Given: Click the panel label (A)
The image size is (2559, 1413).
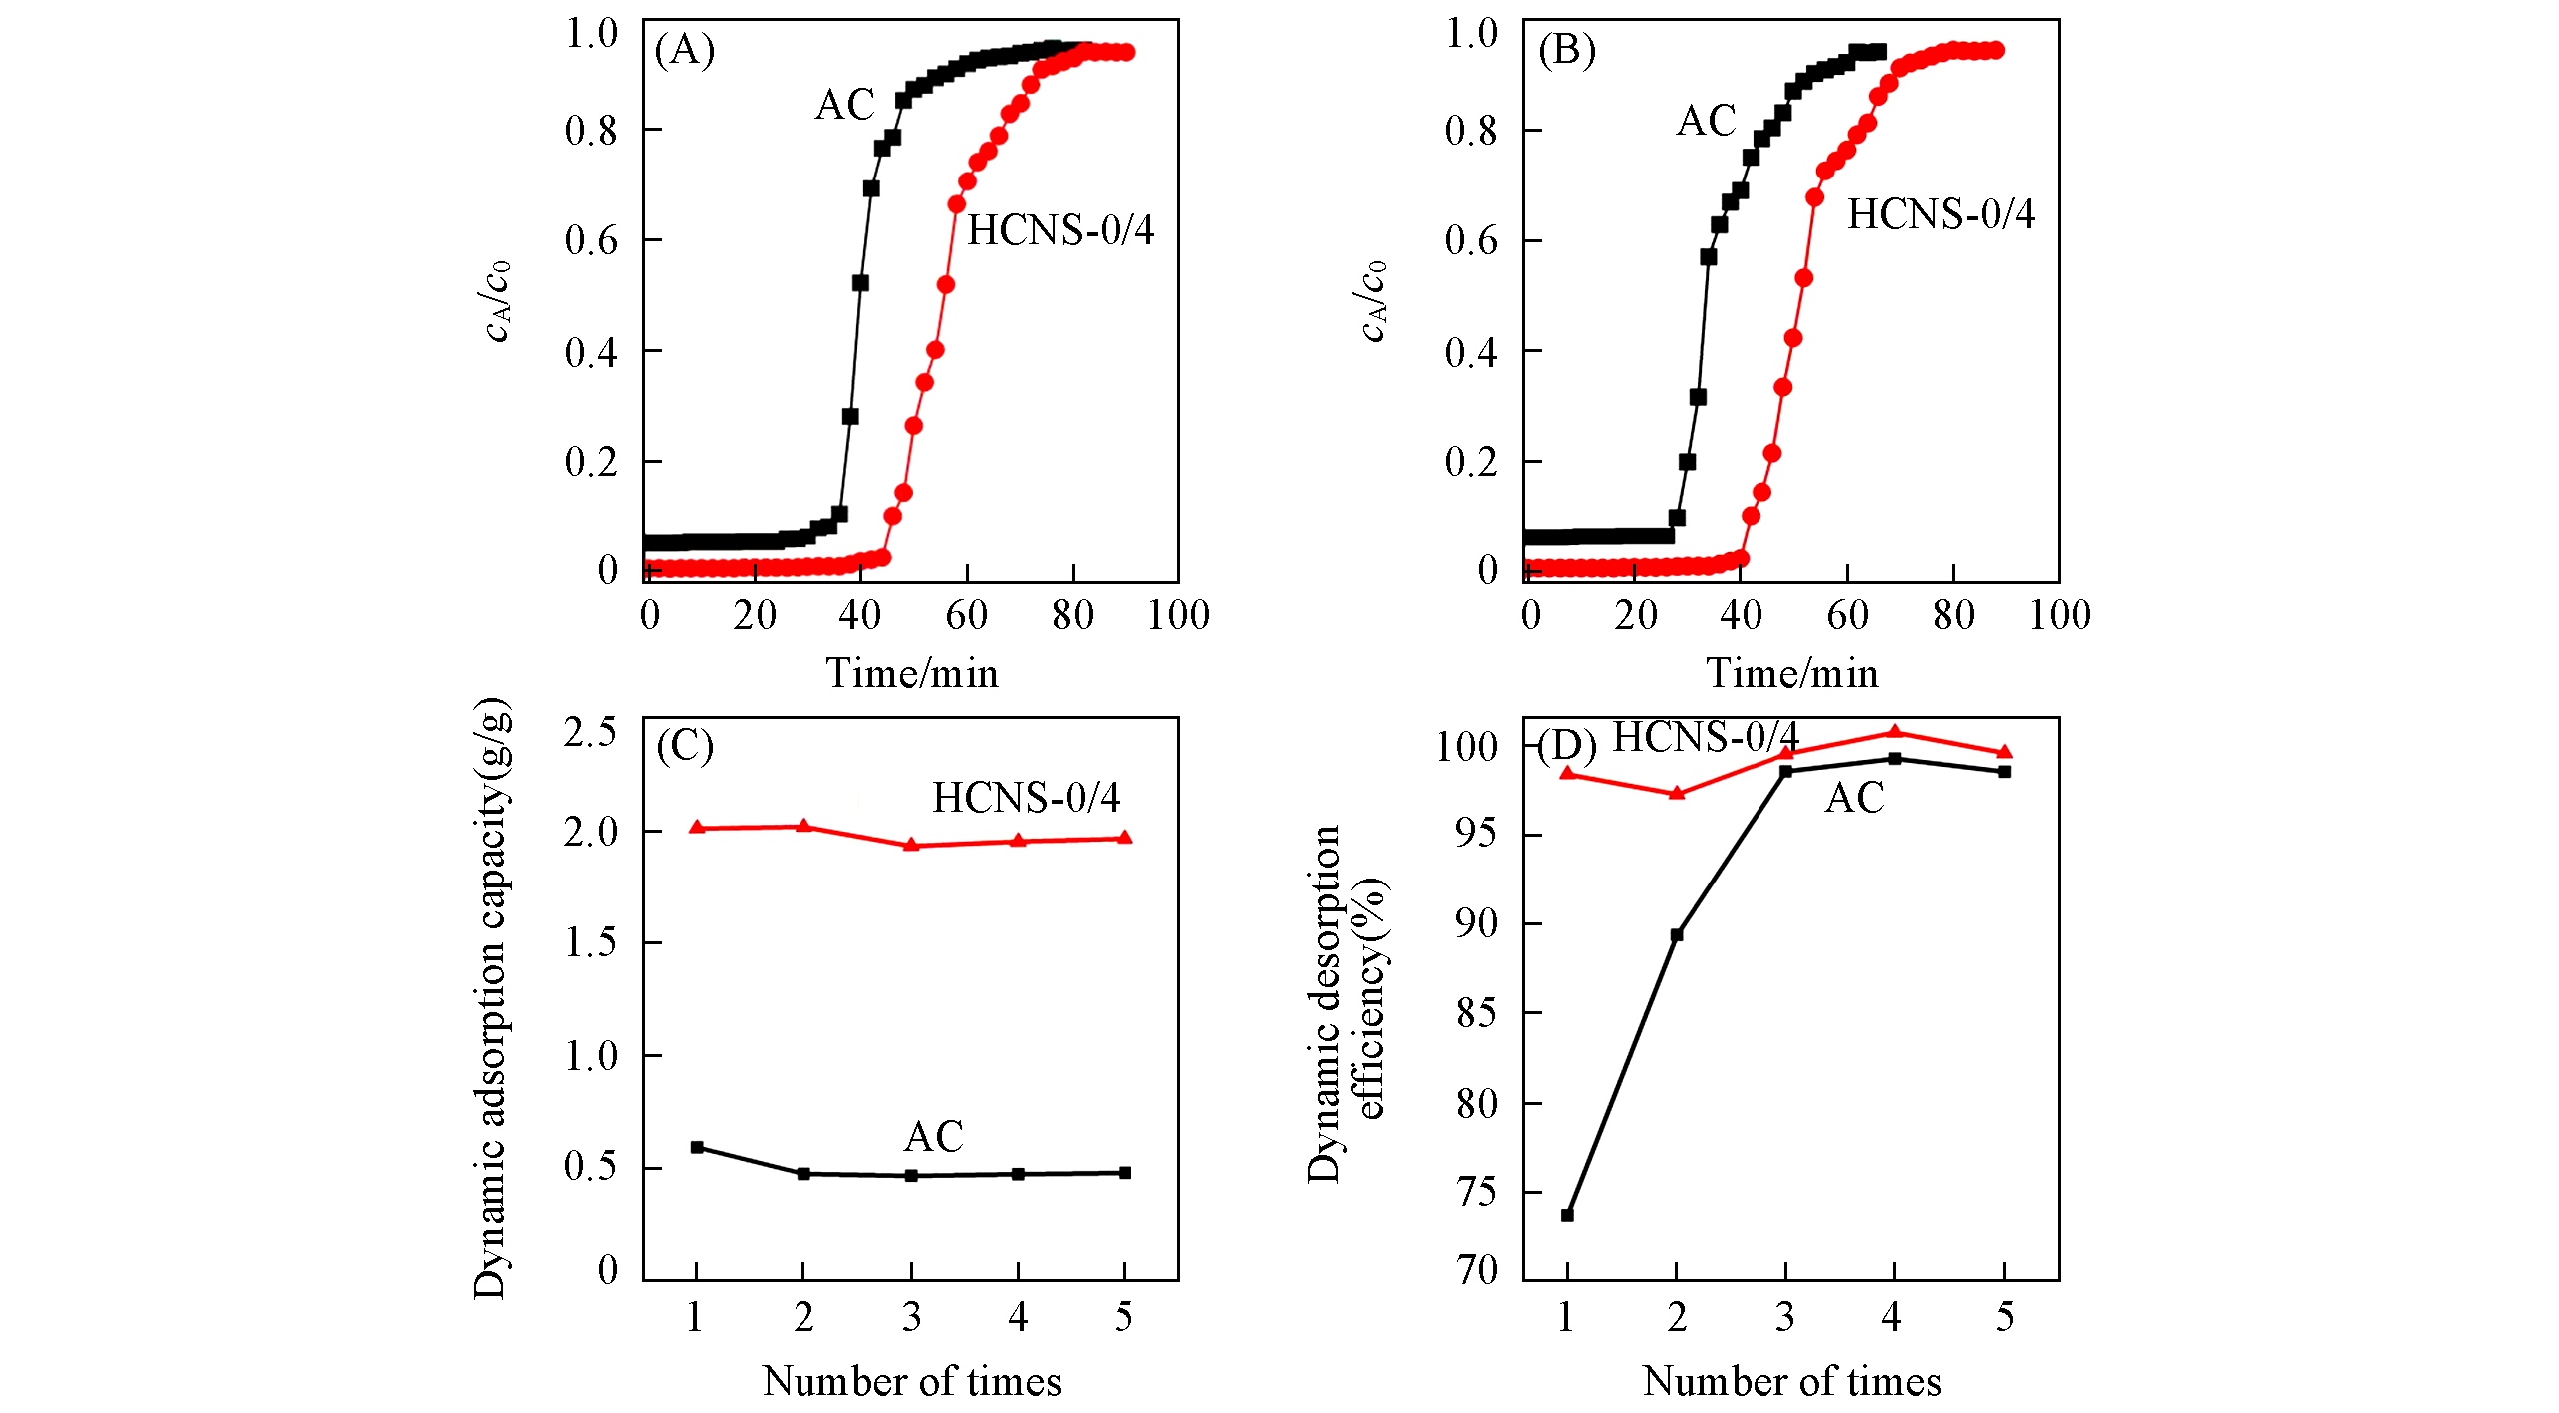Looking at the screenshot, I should (x=685, y=50).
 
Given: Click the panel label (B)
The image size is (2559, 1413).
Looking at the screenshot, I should (x=1566, y=50).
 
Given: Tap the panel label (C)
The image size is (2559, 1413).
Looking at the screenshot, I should (x=685, y=746).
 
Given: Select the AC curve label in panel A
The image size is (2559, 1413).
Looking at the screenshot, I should (x=844, y=105).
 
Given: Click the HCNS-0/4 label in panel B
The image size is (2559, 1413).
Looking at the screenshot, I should (x=1940, y=214).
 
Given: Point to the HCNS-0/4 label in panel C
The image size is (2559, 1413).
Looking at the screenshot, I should (x=1025, y=798).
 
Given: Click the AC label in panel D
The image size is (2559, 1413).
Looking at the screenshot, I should (x=1854, y=798).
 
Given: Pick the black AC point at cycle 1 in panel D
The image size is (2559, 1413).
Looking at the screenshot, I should (x=1567, y=1215).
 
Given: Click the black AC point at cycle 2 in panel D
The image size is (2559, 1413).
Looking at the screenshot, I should (x=1677, y=935).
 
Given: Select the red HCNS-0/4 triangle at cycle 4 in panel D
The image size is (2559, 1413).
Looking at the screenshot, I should (x=1895, y=733).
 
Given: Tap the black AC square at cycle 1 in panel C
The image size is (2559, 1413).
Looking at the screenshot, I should (x=697, y=1148).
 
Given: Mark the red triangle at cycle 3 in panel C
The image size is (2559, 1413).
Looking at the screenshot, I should (x=911, y=845).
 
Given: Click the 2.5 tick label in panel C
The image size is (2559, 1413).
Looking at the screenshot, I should (x=590, y=733).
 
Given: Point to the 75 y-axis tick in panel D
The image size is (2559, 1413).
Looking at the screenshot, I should (x=1476, y=1193).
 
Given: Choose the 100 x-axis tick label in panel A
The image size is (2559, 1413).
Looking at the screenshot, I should (x=1178, y=615).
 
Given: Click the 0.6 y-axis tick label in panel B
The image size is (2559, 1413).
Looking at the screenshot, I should (x=1471, y=241).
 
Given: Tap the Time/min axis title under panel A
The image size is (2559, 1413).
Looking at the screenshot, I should (x=911, y=674).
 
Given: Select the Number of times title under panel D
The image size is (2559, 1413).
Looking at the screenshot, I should (x=1791, y=1382).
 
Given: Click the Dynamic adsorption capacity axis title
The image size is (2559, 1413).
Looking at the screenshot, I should (x=490, y=997).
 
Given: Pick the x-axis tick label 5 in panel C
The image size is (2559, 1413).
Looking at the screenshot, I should (x=1124, y=1318).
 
